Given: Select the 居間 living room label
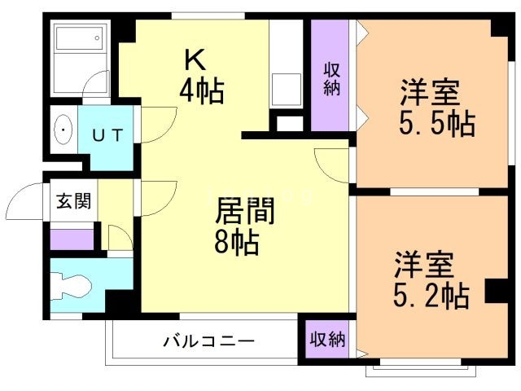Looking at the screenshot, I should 244,212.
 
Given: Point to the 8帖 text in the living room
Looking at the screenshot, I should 237,242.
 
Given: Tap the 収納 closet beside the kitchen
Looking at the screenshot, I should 331,78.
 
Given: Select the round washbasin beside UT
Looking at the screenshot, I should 63,130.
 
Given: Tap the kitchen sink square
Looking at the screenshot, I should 286,85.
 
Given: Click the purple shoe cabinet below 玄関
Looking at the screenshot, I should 72,239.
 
